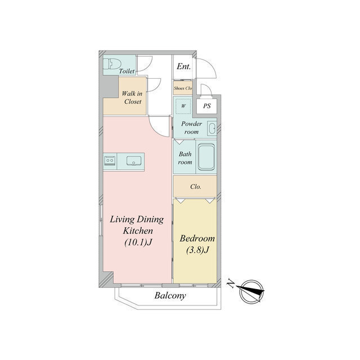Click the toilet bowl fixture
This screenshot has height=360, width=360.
click(111, 64)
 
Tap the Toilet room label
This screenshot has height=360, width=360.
click(127, 71)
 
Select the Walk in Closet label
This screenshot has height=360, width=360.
click(132, 97)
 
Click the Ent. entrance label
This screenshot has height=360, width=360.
click(184, 66)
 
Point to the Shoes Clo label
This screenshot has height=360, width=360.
click(183, 88)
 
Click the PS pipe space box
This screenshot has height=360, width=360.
click(207, 106)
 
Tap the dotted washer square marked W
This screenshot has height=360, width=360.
click(183, 106)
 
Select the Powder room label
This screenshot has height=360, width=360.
click(191, 128)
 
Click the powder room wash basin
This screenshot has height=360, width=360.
click(211, 128)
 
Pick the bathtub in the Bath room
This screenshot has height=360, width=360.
click(206, 157)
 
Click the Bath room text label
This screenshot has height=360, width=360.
click(185, 158)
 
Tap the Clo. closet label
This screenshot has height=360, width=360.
click(196, 187)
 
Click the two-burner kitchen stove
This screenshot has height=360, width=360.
click(110, 160)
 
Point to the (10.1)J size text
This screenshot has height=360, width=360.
click(138, 242)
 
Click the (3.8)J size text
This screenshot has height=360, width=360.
click(197, 250)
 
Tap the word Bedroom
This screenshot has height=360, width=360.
click(197, 238)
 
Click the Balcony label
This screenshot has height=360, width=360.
click(170, 295)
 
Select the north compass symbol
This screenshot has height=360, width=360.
click(251, 292)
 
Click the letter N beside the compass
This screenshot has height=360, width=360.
click(231, 283)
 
